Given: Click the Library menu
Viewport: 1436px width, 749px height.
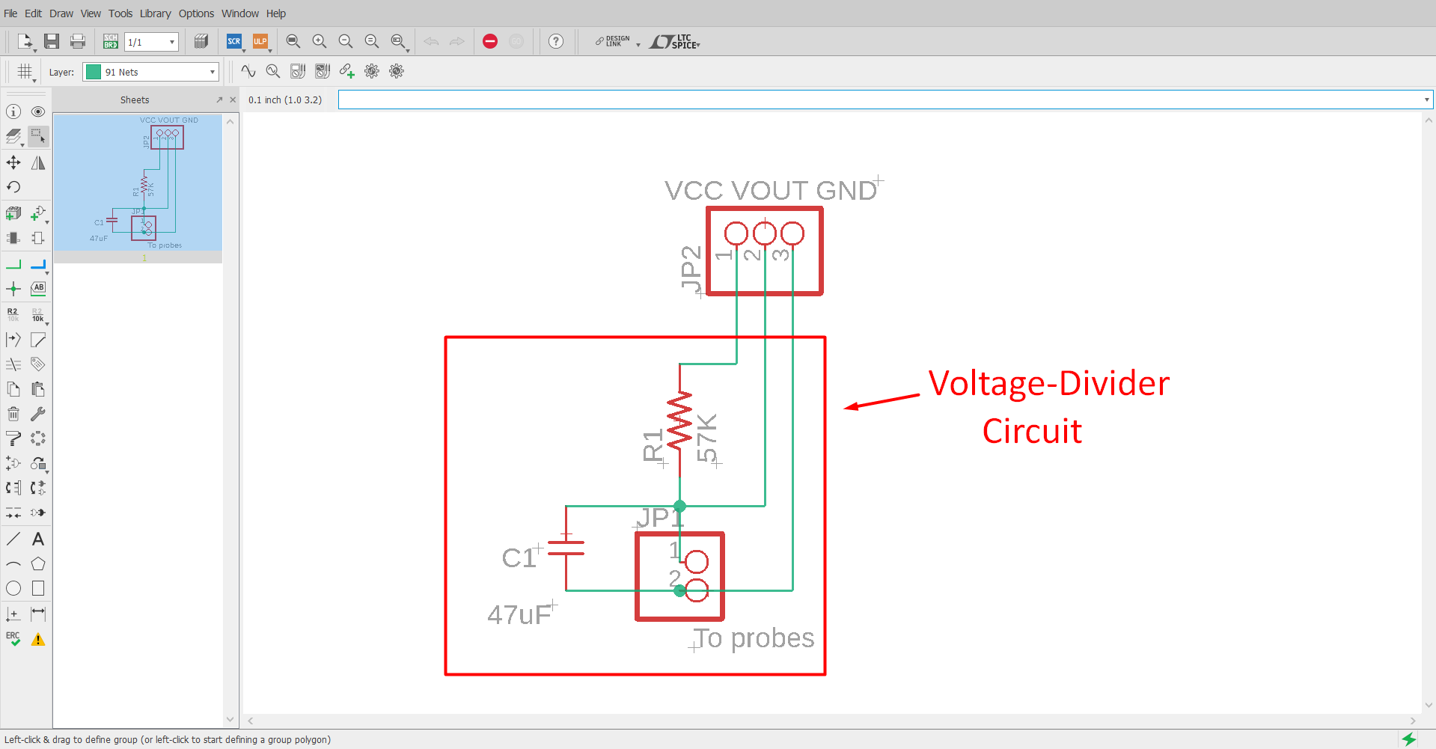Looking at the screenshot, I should point(155,13).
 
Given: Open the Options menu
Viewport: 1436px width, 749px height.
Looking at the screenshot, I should point(196,13).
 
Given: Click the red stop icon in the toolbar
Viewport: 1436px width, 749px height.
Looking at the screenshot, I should point(490,42).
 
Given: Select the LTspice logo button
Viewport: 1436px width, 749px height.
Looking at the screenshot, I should point(674,42).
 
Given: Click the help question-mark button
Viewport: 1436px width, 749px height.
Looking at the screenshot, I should point(556,42).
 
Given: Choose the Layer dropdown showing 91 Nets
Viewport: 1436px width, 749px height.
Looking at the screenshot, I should point(150,72).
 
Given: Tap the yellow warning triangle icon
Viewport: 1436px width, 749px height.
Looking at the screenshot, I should point(38,640).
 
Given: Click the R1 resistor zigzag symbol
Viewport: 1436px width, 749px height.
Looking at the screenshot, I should point(679,421).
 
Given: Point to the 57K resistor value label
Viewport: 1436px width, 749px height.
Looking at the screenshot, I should point(707,438).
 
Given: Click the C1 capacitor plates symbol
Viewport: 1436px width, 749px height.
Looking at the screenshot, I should point(566,548).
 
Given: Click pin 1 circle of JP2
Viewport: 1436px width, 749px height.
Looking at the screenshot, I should point(736,233).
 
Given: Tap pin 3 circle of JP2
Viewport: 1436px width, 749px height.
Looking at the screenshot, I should point(792,233).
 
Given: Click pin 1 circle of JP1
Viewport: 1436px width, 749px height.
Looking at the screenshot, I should point(697,561).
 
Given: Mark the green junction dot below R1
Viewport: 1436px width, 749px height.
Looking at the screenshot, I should point(679,507).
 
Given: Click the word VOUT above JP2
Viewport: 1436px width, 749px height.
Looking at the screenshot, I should point(771,191).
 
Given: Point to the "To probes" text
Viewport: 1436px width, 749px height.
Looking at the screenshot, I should point(754,638).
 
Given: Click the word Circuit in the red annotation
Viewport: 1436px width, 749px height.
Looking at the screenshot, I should point(1032,432).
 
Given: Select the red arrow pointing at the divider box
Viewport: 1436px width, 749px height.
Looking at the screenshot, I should point(882,401).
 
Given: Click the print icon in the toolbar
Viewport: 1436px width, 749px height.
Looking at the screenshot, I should point(78,42).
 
